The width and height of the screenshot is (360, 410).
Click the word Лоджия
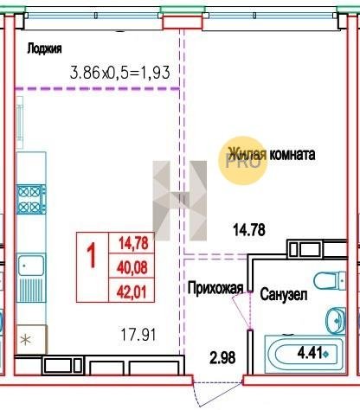(44, 48)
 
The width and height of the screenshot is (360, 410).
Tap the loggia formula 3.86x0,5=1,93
(119, 73)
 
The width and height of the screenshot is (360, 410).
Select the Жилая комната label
(272, 154)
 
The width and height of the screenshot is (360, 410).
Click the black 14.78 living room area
(249, 230)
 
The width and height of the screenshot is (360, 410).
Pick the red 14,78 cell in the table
(133, 243)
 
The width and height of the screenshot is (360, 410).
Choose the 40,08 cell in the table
(132, 267)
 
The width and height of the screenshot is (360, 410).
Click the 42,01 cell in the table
(132, 291)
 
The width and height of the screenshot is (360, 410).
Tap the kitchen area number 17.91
(138, 335)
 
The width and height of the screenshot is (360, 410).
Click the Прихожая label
(215, 288)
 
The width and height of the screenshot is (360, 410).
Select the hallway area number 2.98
(222, 357)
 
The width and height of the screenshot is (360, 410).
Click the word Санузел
(284, 294)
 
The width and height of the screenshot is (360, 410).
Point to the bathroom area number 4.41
(310, 353)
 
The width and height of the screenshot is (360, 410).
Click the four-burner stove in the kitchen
(31, 199)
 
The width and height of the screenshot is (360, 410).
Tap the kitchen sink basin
(31, 266)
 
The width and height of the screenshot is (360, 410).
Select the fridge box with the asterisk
(31, 339)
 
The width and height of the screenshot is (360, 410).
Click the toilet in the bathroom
(330, 280)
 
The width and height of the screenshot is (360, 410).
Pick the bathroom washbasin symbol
(335, 320)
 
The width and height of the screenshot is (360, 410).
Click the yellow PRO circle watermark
(244, 161)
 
